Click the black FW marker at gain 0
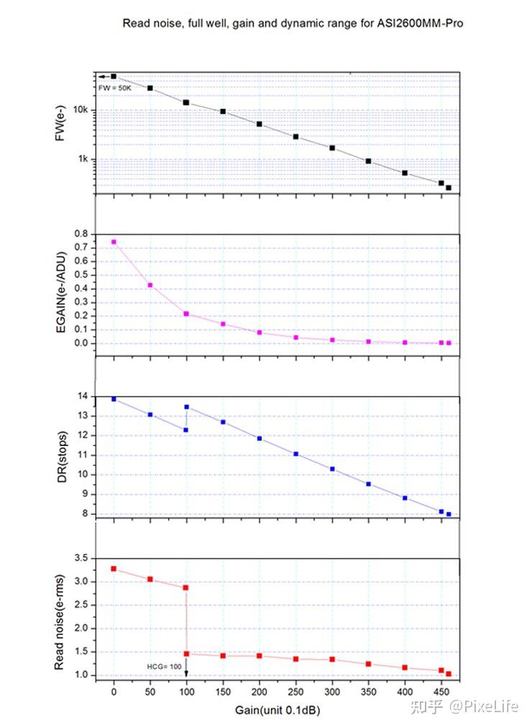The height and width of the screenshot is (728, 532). point(114,76)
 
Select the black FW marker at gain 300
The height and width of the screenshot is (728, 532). point(332,147)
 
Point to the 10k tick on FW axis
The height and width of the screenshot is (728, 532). point(83,111)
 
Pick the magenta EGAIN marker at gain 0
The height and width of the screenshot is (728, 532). point(114,242)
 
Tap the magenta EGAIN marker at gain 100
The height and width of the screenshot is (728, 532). point(186,314)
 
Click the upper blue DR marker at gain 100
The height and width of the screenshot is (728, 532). point(186,406)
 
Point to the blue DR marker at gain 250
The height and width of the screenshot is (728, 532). point(295,454)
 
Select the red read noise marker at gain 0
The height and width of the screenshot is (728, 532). point(114,568)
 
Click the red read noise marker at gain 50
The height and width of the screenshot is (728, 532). point(150,579)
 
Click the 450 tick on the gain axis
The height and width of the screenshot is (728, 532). point(441,692)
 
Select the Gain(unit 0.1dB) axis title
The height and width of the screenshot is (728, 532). point(278,710)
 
